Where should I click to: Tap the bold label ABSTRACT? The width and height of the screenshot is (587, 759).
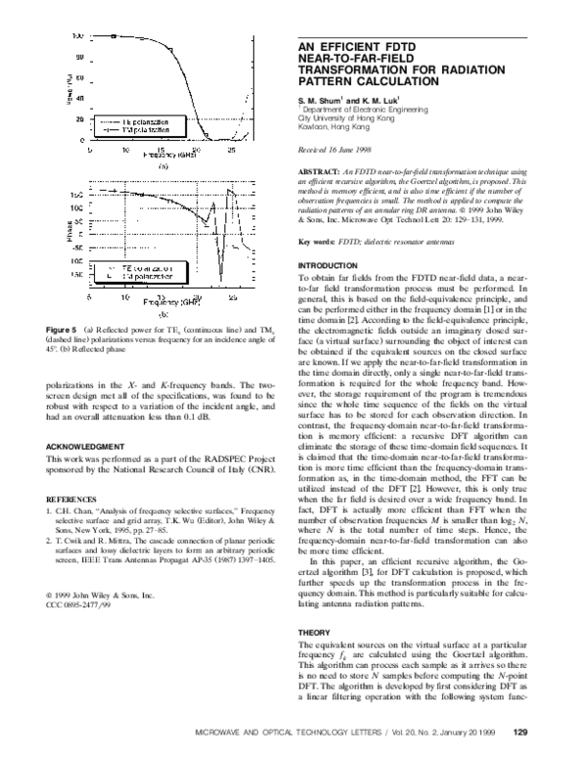click(x=319, y=170)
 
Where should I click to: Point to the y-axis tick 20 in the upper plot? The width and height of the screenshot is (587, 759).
click(x=80, y=118)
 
